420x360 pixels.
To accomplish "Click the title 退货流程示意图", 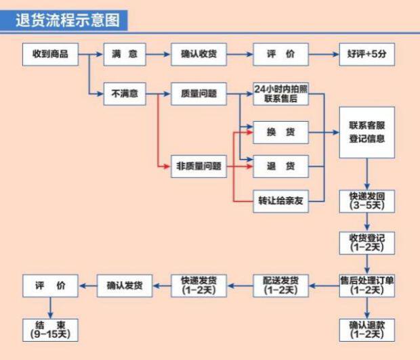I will pyautogui.click(x=68, y=20).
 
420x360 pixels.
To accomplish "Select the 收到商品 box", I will pyautogui.click(x=51, y=55).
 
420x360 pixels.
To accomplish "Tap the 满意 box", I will pyautogui.click(x=124, y=55).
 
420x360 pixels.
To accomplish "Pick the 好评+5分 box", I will pyautogui.click(x=366, y=55).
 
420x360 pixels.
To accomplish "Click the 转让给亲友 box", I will pyautogui.click(x=280, y=201).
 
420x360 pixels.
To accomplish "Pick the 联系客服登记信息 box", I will pyautogui.click(x=366, y=132).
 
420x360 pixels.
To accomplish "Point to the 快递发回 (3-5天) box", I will pyautogui.click(x=366, y=201).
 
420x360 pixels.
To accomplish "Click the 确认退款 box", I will pyautogui.click(x=366, y=330).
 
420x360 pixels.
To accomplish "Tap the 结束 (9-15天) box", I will pyautogui.click(x=51, y=330).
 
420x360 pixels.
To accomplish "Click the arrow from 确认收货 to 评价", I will pyautogui.click(x=239, y=55).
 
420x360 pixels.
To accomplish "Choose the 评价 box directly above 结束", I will pyautogui.click(x=51, y=286).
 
